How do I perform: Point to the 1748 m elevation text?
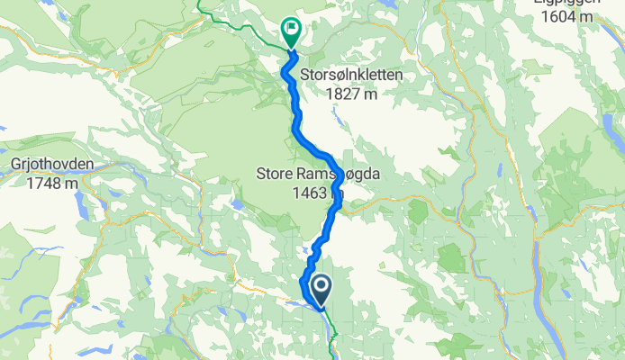point(51,183)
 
